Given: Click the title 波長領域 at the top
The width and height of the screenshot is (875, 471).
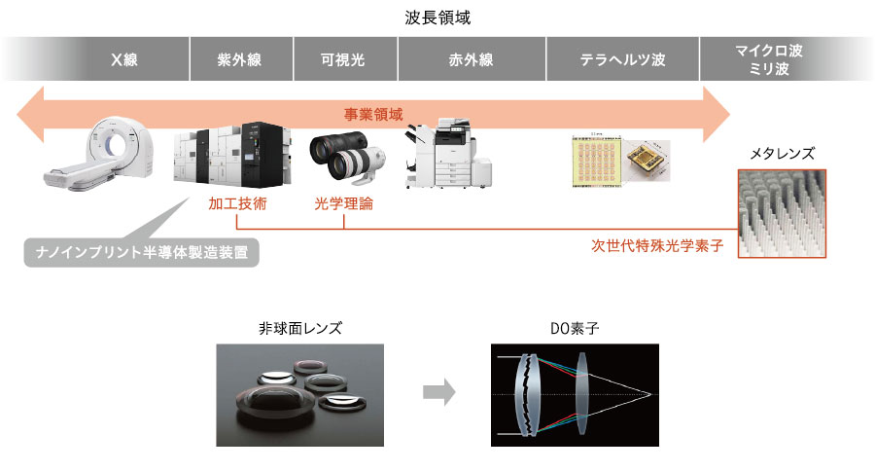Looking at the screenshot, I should (x=437, y=18).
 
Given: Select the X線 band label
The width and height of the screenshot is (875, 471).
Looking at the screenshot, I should (x=124, y=60).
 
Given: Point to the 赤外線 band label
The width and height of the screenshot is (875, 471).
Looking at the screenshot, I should (x=472, y=60).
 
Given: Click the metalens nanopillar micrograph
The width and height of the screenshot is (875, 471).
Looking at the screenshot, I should (x=782, y=213).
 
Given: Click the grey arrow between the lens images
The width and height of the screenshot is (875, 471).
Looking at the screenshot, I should (x=438, y=393).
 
